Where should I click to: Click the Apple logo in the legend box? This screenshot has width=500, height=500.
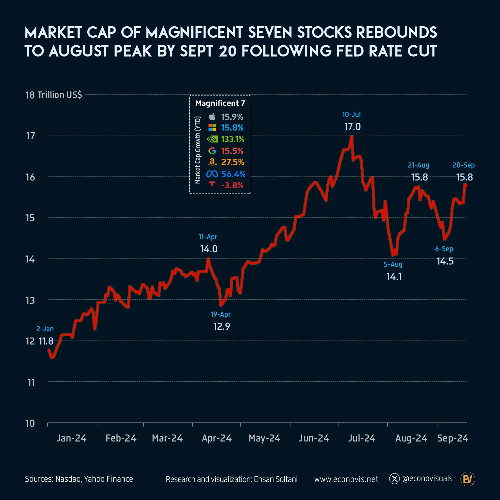212,117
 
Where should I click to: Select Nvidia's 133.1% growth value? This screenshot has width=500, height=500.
232,139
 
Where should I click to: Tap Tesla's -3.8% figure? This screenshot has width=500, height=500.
232,185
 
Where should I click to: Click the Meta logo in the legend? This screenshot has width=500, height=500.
212,174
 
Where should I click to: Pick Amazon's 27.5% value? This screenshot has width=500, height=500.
232,162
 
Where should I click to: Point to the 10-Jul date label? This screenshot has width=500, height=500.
351,115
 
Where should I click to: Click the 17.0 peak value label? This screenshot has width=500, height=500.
352,127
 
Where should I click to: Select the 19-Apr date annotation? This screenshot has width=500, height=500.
220,314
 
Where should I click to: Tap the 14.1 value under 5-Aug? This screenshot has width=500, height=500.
394,277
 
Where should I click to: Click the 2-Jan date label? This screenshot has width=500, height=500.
45,329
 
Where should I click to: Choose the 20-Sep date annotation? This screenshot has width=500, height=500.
463,165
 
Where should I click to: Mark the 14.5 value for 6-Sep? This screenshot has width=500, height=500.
445,261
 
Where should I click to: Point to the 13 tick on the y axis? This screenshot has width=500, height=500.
30,300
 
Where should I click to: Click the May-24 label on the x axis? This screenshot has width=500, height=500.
264,438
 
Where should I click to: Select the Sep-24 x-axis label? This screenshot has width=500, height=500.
452,438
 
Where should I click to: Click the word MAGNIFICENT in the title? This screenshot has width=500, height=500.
194,32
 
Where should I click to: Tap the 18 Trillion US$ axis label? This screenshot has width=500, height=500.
53,95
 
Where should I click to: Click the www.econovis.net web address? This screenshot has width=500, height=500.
346,479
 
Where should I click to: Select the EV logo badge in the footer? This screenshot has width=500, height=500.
467,479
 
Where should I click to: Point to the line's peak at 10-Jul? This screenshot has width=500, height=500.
351,136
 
